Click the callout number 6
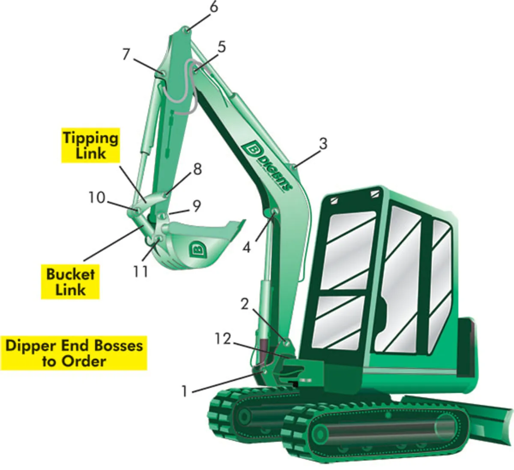[x=213, y=8]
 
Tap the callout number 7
[x=126, y=55]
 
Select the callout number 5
[x=221, y=47]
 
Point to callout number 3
[x=323, y=143]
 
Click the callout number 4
[x=246, y=247]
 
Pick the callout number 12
[x=223, y=339]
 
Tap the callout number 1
[x=185, y=391]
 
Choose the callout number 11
[x=140, y=271]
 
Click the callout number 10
[x=97, y=198]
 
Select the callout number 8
[x=197, y=170]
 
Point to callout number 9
[x=197, y=206]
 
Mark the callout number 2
[x=245, y=304]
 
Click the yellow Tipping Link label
[x=90, y=146]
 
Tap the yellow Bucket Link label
[x=70, y=282]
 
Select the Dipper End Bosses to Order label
[x=74, y=353]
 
